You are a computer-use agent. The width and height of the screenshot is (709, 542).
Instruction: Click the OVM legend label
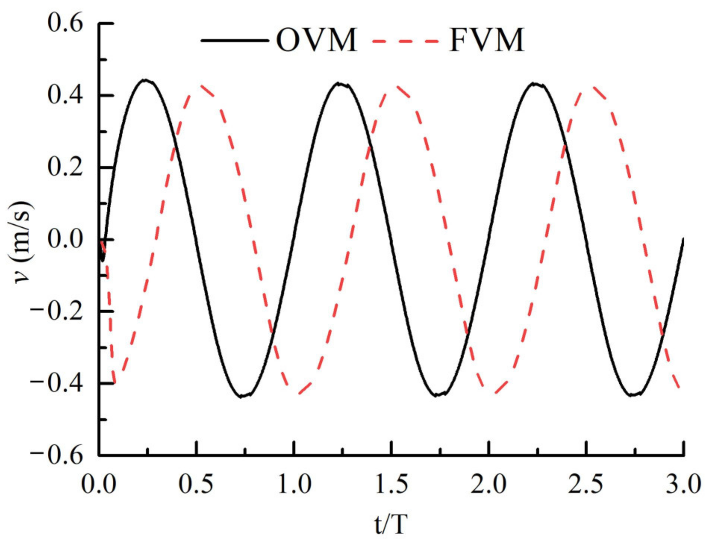tap(316, 40)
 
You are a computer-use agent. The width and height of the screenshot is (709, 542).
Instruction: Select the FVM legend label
tap(487, 40)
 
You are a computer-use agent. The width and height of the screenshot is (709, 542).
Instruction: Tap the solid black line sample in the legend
tap(234, 40)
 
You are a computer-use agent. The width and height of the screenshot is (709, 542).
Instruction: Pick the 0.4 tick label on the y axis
tap(65, 96)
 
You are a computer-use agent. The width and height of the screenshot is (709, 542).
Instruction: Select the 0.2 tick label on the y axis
tap(65, 167)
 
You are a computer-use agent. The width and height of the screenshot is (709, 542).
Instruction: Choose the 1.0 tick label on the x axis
tap(294, 485)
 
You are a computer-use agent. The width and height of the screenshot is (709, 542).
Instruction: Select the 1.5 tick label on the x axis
tap(391, 485)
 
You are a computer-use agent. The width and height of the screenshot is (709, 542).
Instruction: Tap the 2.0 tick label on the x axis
tap(488, 485)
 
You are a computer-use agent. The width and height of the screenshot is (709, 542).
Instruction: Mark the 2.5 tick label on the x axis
tap(586, 485)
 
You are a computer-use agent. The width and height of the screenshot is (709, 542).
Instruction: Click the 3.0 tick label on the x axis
tap(683, 485)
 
